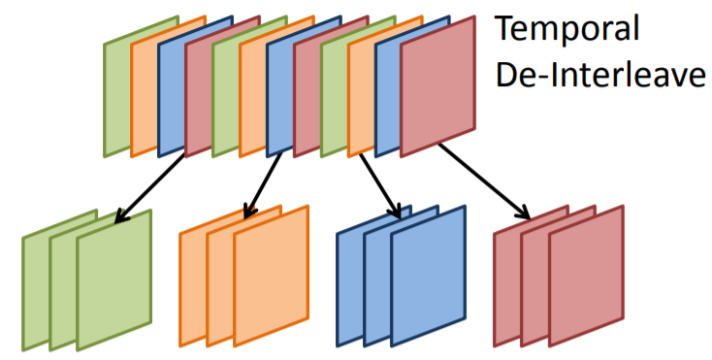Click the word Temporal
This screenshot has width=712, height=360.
tap(566, 29)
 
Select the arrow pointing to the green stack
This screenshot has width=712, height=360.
tap(149, 187)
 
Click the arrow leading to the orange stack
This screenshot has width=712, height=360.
tap(263, 185)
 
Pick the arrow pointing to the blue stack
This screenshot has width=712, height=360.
tap(380, 186)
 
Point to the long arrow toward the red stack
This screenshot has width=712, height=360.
tap(484, 181)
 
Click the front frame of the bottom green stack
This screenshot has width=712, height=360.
tap(113, 280)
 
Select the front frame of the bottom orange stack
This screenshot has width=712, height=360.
tap(271, 276)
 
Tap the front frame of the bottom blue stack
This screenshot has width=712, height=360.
tap(428, 276)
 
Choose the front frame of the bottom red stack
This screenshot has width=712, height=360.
tap(586, 276)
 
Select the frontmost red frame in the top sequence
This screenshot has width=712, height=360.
tap(437, 86)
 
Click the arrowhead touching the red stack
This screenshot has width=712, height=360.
tap(523, 213)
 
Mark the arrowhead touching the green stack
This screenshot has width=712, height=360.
tap(121, 216)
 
